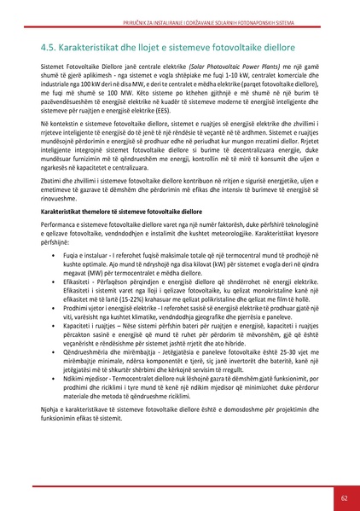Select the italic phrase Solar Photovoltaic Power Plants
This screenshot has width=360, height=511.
(234, 65)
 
